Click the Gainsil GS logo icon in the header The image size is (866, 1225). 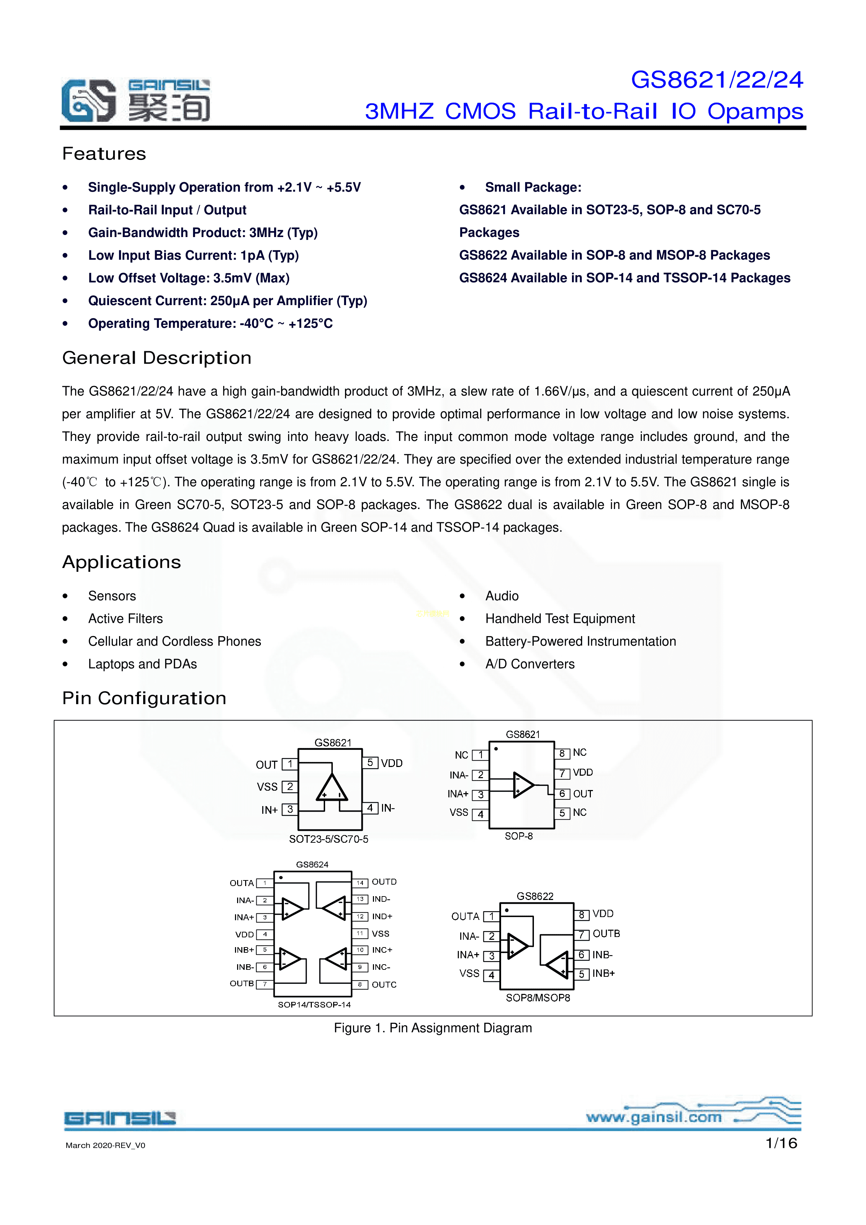(x=89, y=100)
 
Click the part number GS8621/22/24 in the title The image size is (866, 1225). (x=717, y=80)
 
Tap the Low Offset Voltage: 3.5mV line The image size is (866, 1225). (x=189, y=278)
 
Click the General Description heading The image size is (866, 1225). (x=156, y=358)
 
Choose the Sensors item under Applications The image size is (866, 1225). (x=112, y=596)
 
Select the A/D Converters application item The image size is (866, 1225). (x=530, y=664)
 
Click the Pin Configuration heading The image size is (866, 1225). (x=144, y=699)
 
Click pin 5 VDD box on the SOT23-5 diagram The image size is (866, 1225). (x=370, y=763)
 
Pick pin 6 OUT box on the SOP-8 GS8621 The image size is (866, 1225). (x=562, y=794)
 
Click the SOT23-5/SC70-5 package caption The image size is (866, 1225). (x=329, y=839)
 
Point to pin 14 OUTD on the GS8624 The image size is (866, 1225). (x=360, y=883)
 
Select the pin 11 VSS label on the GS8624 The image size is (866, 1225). (x=380, y=934)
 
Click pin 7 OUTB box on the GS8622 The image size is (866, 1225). (x=582, y=935)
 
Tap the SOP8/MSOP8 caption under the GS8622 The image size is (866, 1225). (x=538, y=998)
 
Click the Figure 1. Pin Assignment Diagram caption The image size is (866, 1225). (x=433, y=1028)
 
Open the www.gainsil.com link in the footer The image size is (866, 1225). (x=654, y=1117)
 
